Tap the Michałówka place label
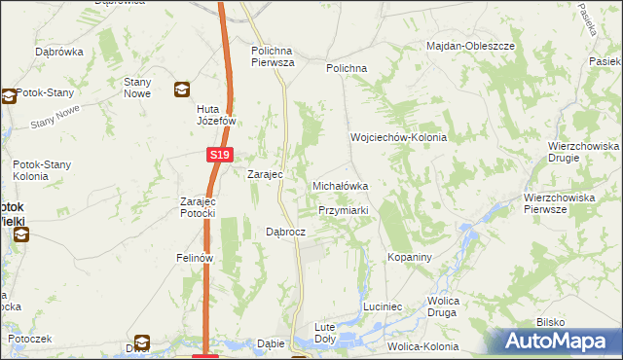pyautogui.click(x=339, y=185)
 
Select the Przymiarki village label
pyautogui.click(x=343, y=210)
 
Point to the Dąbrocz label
pyautogui.click(x=286, y=233)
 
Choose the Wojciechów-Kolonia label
pyautogui.click(x=398, y=138)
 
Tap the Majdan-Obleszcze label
pyautogui.click(x=470, y=46)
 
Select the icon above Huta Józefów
pyautogui.click(x=181, y=90)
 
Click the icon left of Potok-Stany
pyautogui.click(x=9, y=96)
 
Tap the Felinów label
pyautogui.click(x=195, y=258)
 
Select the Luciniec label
pyautogui.click(x=383, y=306)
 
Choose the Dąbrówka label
pyautogui.click(x=56, y=51)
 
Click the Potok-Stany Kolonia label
pyautogui.click(x=40, y=171)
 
